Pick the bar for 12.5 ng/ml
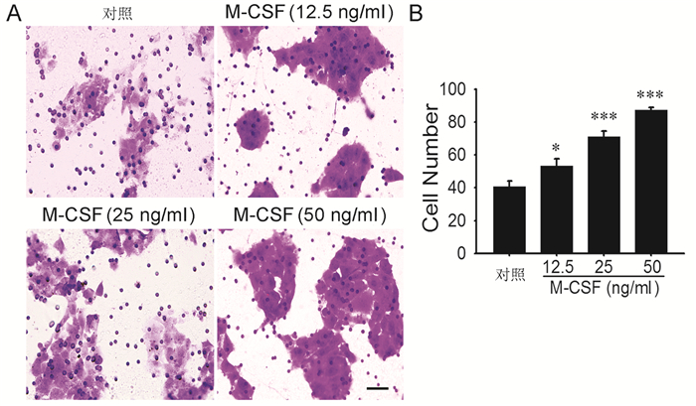click(556, 209)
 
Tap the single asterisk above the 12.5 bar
click(556, 149)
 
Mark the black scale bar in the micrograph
click(377, 387)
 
